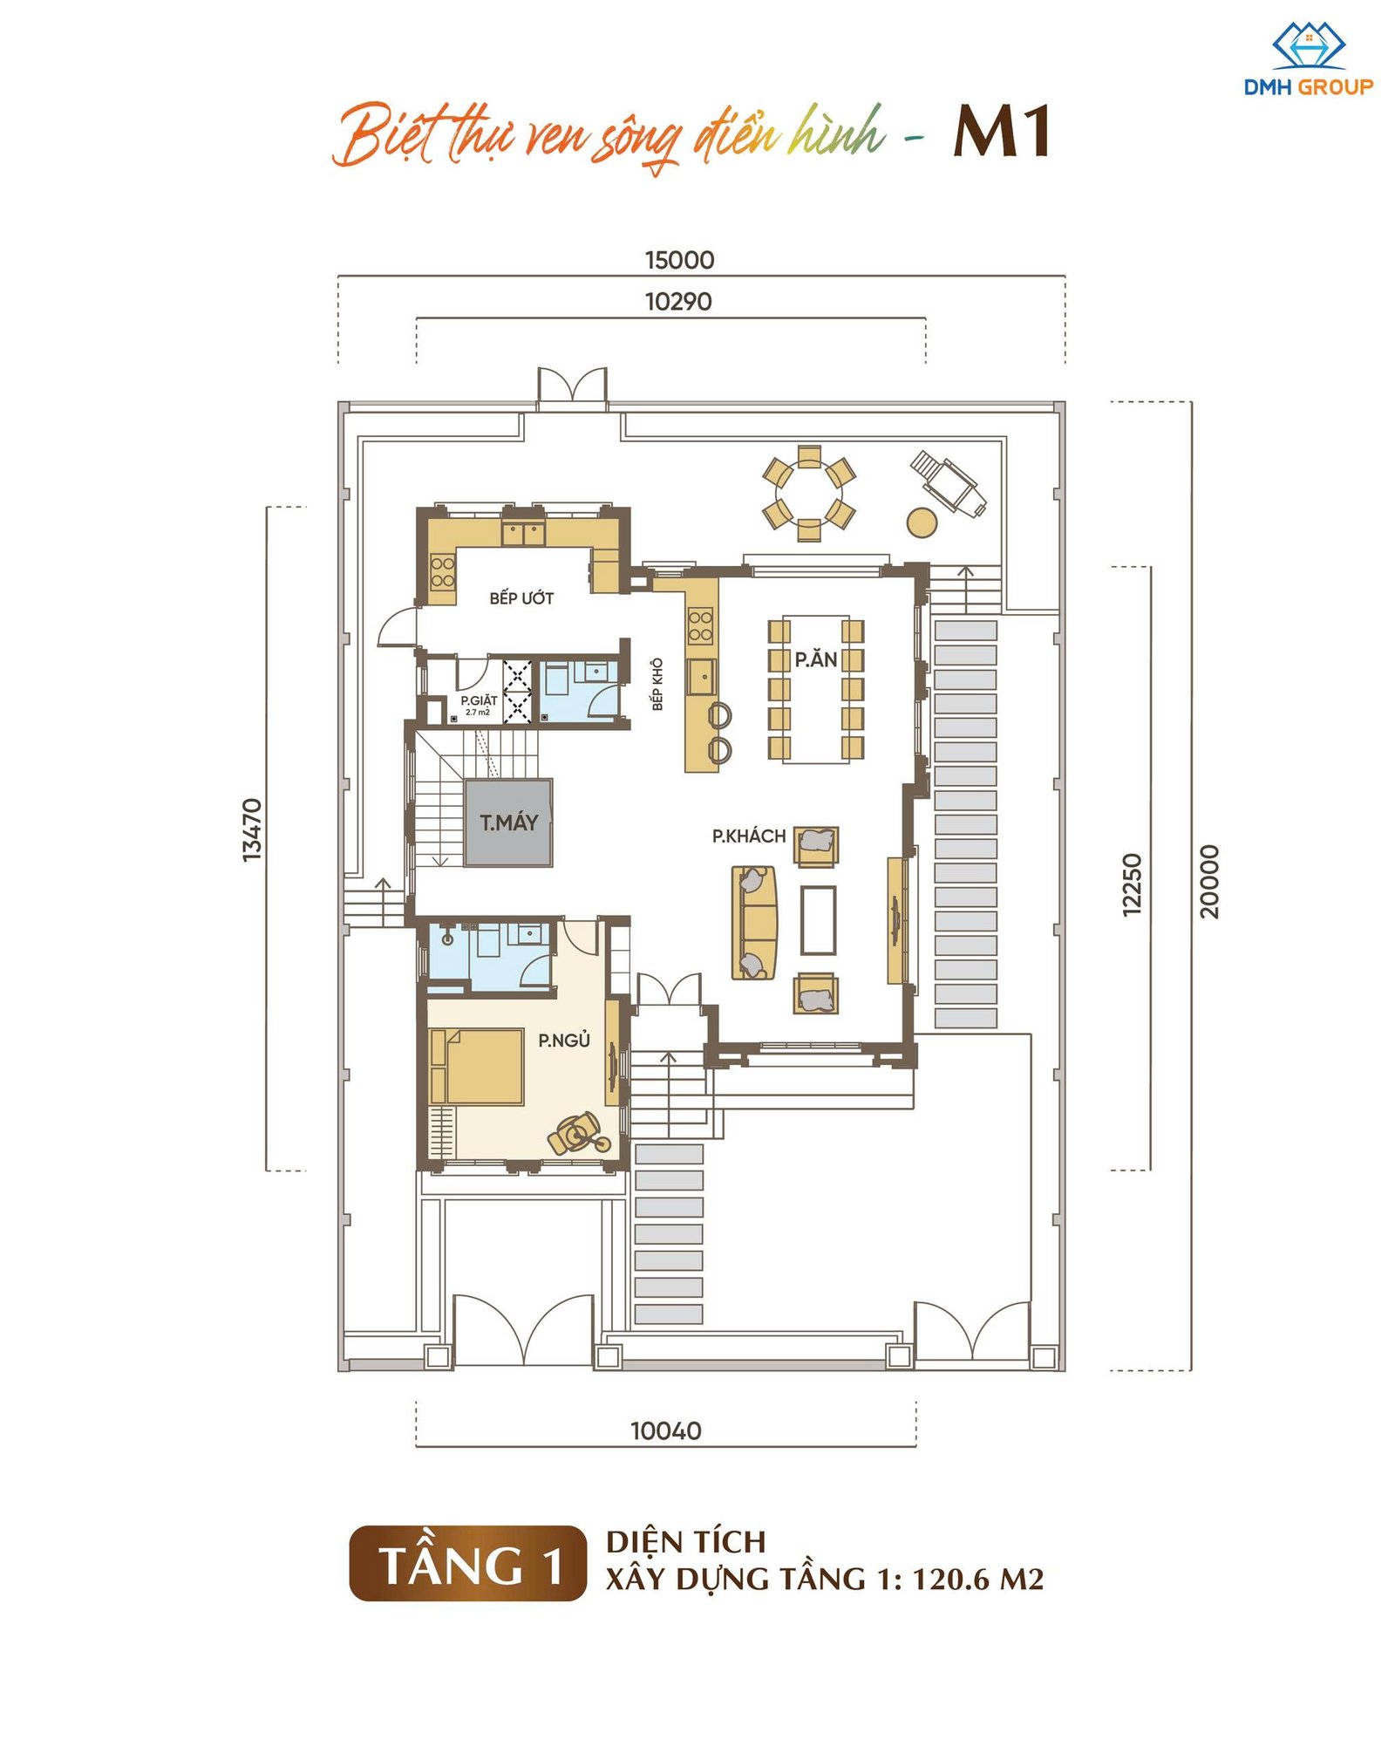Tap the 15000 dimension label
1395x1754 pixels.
[679, 260]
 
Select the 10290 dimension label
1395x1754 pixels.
[678, 302]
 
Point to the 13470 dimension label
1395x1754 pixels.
[251, 829]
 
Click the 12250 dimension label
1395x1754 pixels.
[1131, 884]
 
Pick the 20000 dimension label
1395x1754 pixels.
[1209, 881]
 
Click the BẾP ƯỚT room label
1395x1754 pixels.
[521, 597]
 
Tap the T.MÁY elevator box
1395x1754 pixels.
[508, 822]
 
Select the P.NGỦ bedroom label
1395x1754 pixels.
[564, 1040]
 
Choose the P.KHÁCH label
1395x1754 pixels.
[749, 836]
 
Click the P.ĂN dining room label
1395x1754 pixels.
[816, 659]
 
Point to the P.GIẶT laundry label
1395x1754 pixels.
[479, 700]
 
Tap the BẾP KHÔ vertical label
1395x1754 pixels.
[657, 684]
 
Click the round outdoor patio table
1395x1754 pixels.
[809, 494]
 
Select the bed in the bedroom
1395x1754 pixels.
[477, 1067]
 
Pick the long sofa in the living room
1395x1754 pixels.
[754, 923]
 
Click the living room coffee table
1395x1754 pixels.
[819, 920]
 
